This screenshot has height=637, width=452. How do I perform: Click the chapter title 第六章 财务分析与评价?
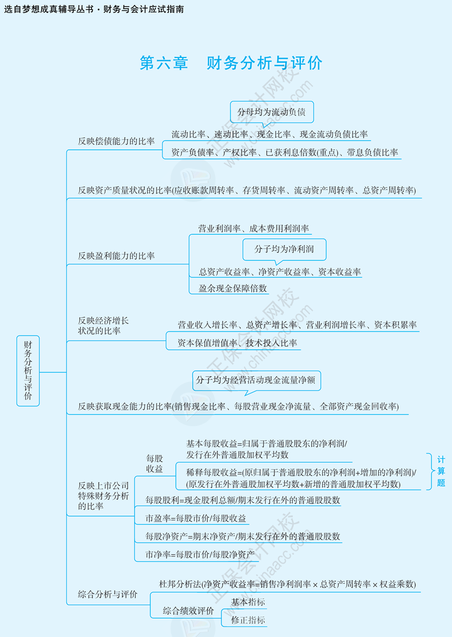[231, 63]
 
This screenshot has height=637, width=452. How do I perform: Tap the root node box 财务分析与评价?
[28, 371]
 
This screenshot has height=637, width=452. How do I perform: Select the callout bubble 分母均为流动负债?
[271, 112]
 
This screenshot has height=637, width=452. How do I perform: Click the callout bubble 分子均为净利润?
[284, 249]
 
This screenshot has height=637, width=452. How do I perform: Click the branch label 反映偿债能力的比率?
[116, 141]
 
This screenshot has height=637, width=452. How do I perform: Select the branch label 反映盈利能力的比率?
[116, 256]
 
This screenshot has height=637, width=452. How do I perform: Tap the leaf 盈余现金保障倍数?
[233, 288]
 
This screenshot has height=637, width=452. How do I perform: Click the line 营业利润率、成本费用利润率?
[253, 228]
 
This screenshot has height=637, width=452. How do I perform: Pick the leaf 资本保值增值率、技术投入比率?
[237, 343]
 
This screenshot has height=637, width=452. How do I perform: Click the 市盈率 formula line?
[196, 519]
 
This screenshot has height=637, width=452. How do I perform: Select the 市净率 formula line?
[200, 554]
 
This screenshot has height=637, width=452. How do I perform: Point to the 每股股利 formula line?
[243, 500]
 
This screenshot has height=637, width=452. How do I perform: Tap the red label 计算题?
[441, 471]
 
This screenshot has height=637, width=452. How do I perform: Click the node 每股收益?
[154, 464]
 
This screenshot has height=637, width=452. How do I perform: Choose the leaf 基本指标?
[248, 602]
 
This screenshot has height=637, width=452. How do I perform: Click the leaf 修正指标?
[248, 620]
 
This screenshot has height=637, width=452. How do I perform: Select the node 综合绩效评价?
[188, 611]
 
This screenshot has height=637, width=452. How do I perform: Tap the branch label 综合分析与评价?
[108, 595]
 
